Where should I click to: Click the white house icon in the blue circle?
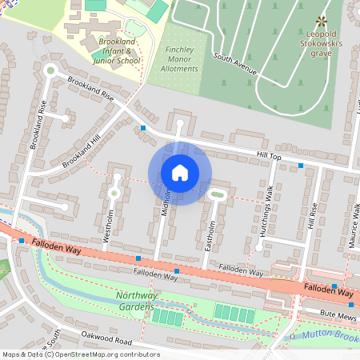180,173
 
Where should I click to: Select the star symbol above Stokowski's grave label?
321,20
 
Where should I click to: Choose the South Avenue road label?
235,63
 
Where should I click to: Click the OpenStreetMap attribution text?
80,354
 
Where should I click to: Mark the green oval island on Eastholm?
216,194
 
